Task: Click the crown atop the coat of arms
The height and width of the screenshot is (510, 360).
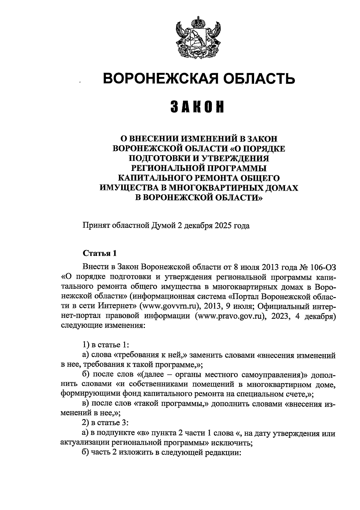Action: (198, 22)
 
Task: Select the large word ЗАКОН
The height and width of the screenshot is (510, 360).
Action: (198, 107)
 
